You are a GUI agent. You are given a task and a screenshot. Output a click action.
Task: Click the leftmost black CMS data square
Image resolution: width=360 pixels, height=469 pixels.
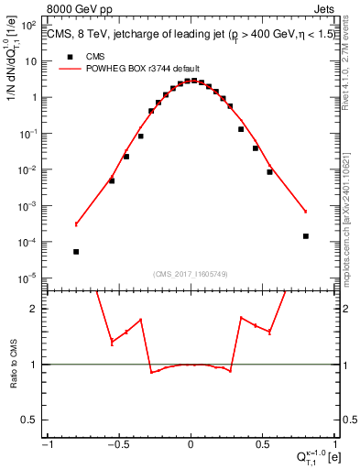point(76,251)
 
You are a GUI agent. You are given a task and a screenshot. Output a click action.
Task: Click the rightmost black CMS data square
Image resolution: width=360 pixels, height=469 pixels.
point(306,236)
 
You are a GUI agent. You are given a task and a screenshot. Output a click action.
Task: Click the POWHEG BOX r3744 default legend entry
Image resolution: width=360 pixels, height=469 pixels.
point(128,69)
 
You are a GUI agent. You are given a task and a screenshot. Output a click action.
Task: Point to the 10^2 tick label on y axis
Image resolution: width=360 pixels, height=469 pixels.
point(29,25)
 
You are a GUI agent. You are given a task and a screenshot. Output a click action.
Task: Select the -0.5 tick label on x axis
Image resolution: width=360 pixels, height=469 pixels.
point(117,444)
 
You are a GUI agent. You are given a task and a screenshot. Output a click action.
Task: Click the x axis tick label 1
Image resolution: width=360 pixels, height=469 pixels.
point(335,444)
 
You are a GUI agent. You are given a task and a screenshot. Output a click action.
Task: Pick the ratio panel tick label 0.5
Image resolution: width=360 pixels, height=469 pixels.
point(31,420)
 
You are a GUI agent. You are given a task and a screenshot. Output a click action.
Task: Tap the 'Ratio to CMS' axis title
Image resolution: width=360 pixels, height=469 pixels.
point(14,364)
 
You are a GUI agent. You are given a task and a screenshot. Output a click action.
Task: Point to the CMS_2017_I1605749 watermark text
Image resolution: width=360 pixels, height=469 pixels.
point(191,274)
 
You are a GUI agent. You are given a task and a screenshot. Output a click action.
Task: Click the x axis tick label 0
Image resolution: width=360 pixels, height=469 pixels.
point(191,444)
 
